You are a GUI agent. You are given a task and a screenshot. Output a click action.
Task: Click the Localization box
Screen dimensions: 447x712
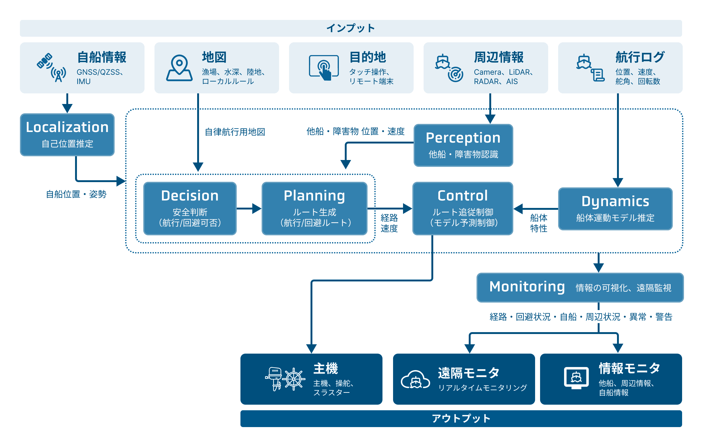pyautogui.click(x=67, y=134)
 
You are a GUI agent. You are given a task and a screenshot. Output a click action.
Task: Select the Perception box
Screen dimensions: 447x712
pyautogui.click(x=463, y=145)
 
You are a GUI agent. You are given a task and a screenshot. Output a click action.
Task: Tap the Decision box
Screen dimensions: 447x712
pyautogui.click(x=190, y=208)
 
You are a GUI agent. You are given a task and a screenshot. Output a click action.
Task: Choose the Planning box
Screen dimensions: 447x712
pyautogui.click(x=314, y=208)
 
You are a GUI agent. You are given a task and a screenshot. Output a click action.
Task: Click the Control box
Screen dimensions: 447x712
pyautogui.click(x=463, y=208)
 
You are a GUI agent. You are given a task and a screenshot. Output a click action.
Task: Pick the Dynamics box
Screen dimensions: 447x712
pyautogui.click(x=615, y=209)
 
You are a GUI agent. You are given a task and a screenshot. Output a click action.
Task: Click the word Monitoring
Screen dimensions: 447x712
pyautogui.click(x=527, y=287)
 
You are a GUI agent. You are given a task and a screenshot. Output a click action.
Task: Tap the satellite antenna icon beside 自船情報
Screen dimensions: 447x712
pyautogui.click(x=52, y=67)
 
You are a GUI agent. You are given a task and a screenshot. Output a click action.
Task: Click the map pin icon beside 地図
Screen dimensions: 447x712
pyautogui.click(x=179, y=68)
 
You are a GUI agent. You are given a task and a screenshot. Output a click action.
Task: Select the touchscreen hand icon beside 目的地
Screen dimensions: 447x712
pyautogui.click(x=324, y=68)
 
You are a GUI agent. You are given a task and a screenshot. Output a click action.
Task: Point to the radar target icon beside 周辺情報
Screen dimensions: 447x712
pyautogui.click(x=455, y=74)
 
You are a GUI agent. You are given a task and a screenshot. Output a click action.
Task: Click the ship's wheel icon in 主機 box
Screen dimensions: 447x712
pyautogui.click(x=293, y=379)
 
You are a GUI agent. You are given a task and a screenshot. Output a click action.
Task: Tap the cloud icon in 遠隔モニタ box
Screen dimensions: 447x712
pyautogui.click(x=415, y=379)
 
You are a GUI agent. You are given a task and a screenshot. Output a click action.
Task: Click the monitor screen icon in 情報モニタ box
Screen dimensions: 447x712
pyautogui.click(x=576, y=378)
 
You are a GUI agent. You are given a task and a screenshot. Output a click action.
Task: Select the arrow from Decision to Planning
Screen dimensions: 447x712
pyautogui.click(x=249, y=208)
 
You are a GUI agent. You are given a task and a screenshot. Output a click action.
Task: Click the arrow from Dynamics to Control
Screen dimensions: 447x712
pyautogui.click(x=535, y=209)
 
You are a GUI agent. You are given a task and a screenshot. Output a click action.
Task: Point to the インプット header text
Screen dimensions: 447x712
pyautogui.click(x=351, y=28)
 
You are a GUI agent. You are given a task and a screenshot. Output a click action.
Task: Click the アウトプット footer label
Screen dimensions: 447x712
pyautogui.click(x=461, y=418)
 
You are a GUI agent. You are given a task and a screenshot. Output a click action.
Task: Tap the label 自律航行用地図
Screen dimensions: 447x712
pyautogui.click(x=235, y=132)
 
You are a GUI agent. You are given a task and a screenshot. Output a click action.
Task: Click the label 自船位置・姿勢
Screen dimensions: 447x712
pyautogui.click(x=76, y=194)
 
